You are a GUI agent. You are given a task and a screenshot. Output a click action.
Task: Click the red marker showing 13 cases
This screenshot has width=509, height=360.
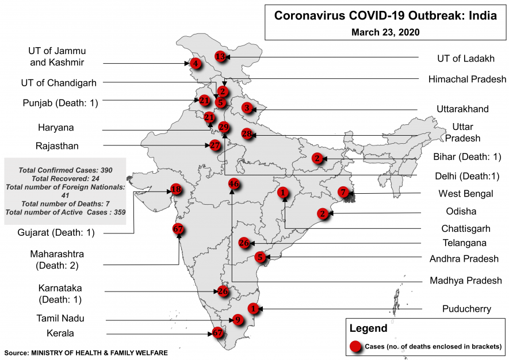[220, 56]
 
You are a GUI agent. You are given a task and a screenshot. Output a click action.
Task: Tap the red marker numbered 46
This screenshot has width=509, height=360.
[234, 184]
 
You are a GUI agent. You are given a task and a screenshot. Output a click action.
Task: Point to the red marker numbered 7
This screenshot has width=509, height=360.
[343, 192]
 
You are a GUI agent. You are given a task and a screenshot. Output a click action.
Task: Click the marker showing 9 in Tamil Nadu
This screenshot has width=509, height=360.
[237, 320]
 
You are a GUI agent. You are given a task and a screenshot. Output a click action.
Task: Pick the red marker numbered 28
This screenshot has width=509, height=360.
[247, 134]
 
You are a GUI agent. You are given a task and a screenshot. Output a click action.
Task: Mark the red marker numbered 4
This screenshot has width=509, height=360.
[196, 63]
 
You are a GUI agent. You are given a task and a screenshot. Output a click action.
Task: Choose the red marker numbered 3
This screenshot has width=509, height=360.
[247, 108]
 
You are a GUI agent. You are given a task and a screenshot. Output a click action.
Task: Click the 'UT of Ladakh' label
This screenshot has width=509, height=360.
[465, 58]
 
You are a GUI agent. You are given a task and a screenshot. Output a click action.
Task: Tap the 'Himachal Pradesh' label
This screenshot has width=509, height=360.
[467, 79]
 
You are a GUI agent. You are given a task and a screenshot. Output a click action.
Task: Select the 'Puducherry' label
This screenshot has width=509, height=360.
[466, 309]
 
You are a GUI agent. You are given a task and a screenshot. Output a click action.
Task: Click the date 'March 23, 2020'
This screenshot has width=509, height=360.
[385, 32]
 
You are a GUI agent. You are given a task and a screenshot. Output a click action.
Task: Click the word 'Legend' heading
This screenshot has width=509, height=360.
[368, 329]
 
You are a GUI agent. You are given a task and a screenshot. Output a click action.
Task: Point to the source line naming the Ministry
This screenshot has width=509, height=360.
[86, 352]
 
